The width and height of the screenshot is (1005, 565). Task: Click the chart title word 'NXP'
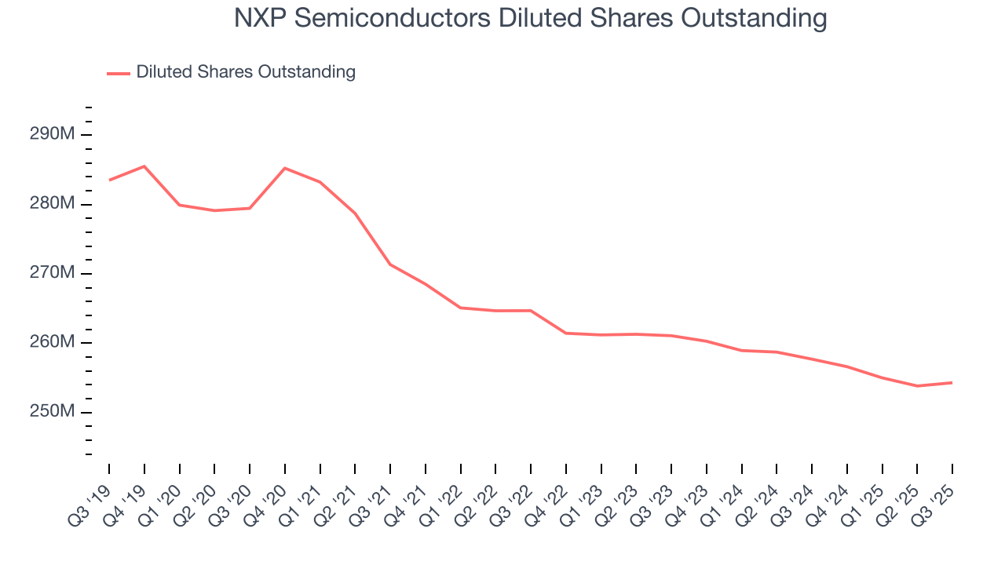(259, 18)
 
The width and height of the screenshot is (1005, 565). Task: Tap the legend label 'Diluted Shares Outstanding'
(246, 72)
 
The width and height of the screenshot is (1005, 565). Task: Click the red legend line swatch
(119, 73)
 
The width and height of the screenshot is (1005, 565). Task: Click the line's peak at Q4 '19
(144, 166)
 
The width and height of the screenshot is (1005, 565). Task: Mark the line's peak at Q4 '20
(284, 168)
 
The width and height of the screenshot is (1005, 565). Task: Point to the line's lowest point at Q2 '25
(917, 386)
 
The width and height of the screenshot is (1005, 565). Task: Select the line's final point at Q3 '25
(952, 383)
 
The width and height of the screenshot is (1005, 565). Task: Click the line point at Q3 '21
(390, 264)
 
